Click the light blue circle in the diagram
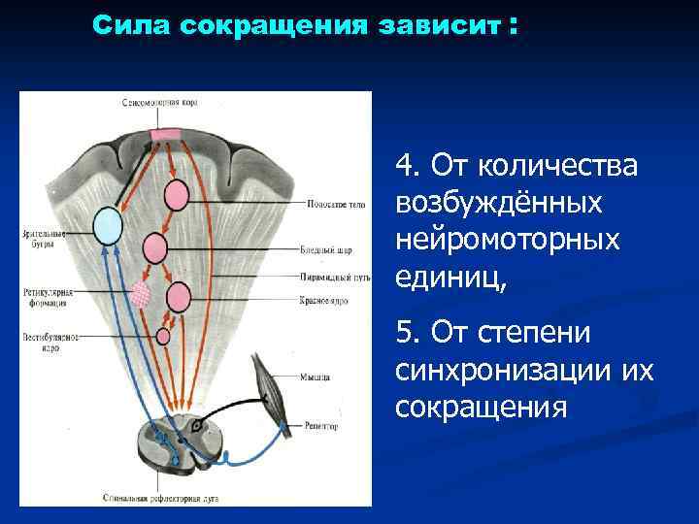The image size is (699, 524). pyautogui.click(x=108, y=227)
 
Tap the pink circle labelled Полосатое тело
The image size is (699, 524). pyautogui.click(x=176, y=195)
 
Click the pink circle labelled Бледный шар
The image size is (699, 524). pyautogui.click(x=155, y=248)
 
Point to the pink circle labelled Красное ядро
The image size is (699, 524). pyautogui.click(x=178, y=296)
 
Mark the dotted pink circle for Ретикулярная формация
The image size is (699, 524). pyautogui.click(x=144, y=291)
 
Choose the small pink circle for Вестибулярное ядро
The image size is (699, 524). pyautogui.click(x=163, y=336)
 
